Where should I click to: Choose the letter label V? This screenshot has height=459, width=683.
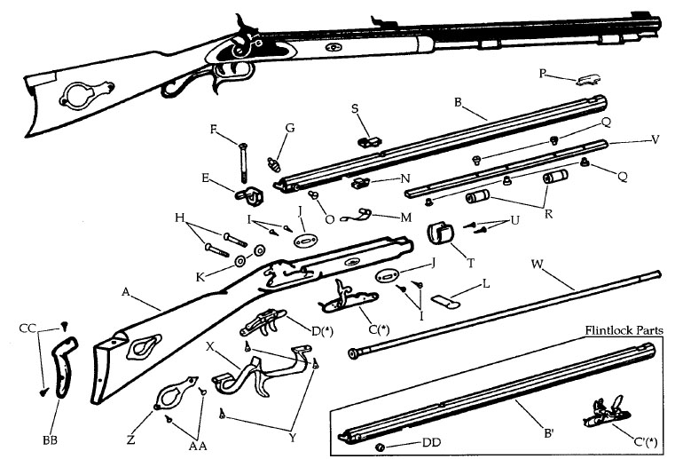[x=655, y=138]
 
